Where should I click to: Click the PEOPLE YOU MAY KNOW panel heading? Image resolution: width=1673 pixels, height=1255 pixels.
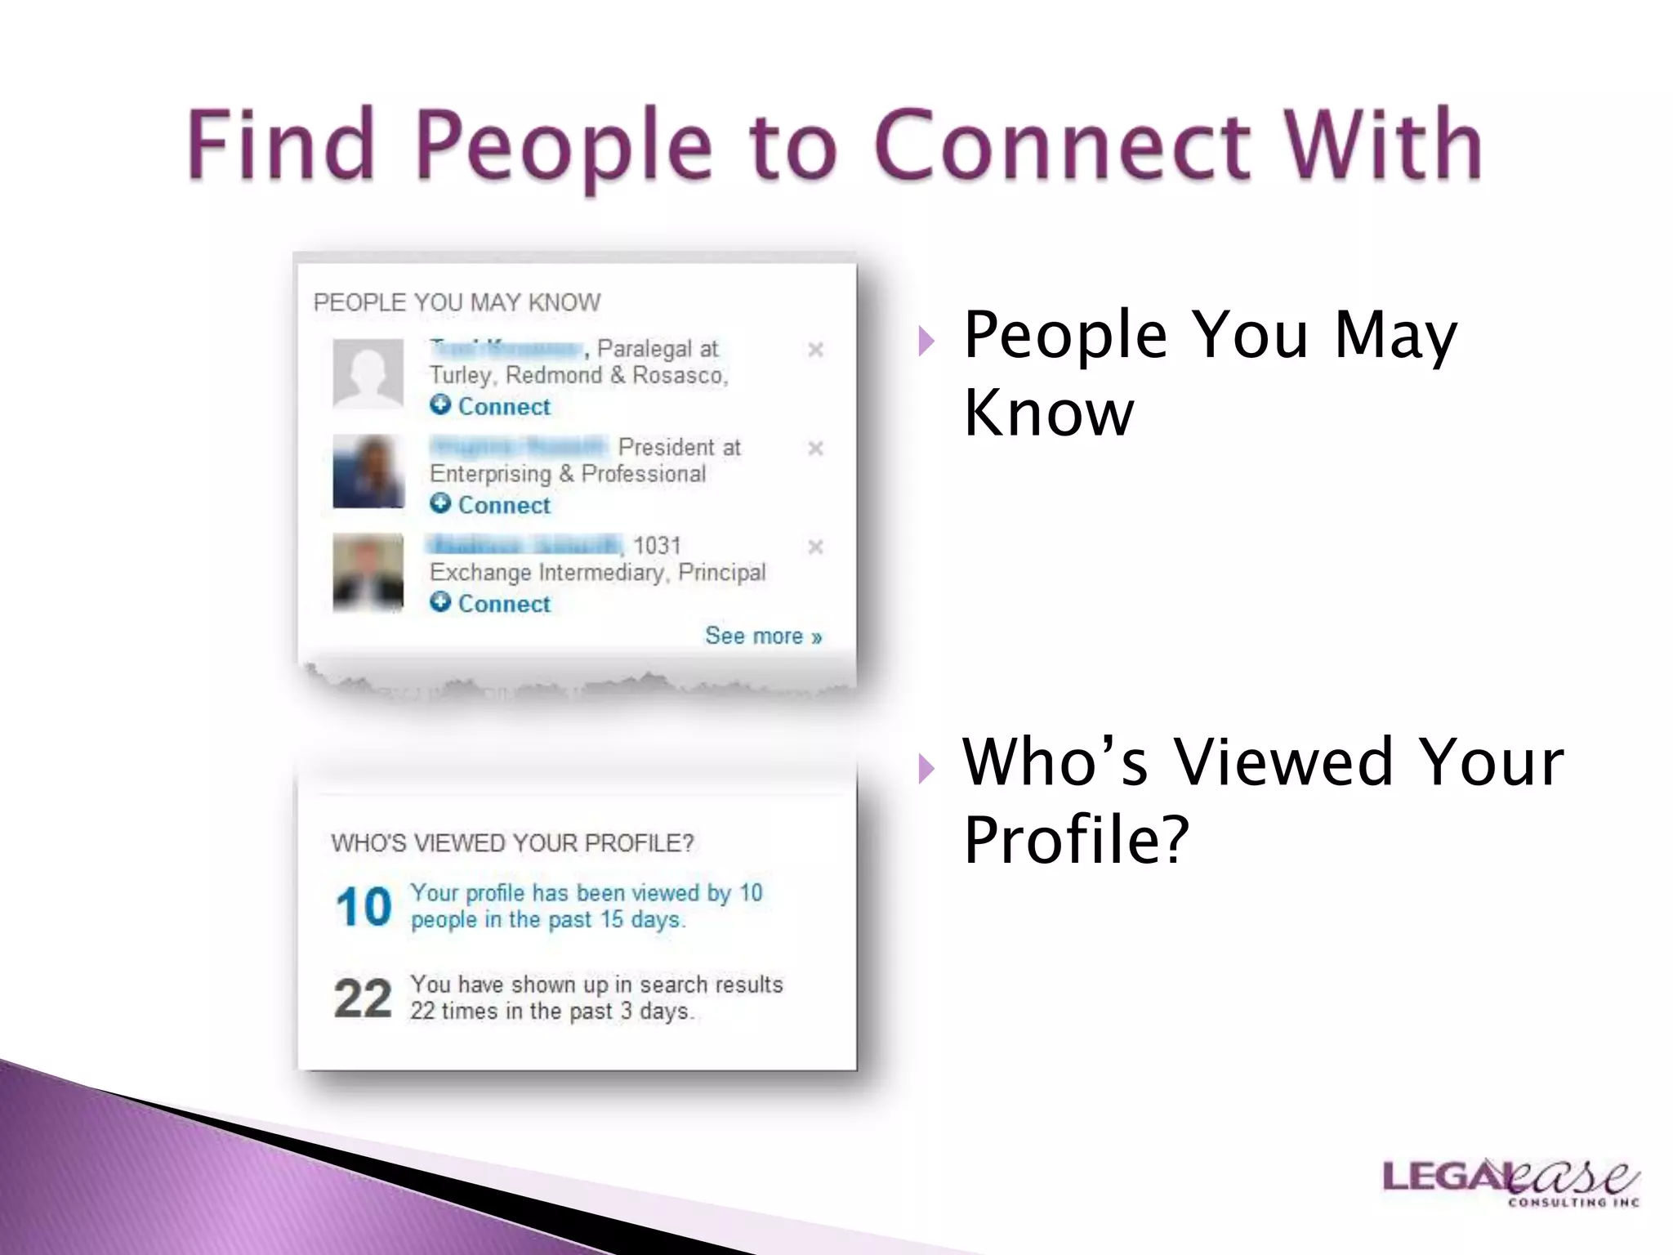coord(457,302)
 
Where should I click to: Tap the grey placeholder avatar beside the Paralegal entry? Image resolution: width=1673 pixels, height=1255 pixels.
coord(368,373)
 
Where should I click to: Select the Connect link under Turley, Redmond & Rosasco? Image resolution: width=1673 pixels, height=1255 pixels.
coord(503,406)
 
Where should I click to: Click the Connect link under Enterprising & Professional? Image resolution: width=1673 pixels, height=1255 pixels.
coord(503,505)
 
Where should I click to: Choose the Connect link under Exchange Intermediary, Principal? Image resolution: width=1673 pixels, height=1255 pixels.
coord(503,604)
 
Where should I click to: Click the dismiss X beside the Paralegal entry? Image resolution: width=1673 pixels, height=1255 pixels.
coord(815,350)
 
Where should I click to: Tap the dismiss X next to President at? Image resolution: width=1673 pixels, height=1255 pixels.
coord(815,449)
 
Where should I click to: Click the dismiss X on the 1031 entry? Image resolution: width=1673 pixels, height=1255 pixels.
coord(815,547)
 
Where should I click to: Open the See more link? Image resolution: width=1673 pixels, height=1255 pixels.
coord(763,636)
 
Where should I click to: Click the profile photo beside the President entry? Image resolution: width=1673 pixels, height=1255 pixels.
coord(368,471)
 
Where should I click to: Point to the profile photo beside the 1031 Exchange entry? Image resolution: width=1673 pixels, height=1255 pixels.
coord(368,571)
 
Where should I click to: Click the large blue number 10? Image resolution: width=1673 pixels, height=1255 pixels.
coord(364,907)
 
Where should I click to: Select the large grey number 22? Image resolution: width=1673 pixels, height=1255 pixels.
coord(364,998)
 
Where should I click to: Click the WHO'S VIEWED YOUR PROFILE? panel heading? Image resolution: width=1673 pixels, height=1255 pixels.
coord(512,842)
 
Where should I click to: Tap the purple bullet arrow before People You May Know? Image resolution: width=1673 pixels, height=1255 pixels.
coord(926,341)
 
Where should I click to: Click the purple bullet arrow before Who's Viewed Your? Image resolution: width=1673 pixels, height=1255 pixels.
coord(926,768)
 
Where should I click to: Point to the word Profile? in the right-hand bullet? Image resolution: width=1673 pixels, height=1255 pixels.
coord(1076,839)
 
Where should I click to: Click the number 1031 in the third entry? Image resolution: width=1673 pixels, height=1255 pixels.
coord(657,545)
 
